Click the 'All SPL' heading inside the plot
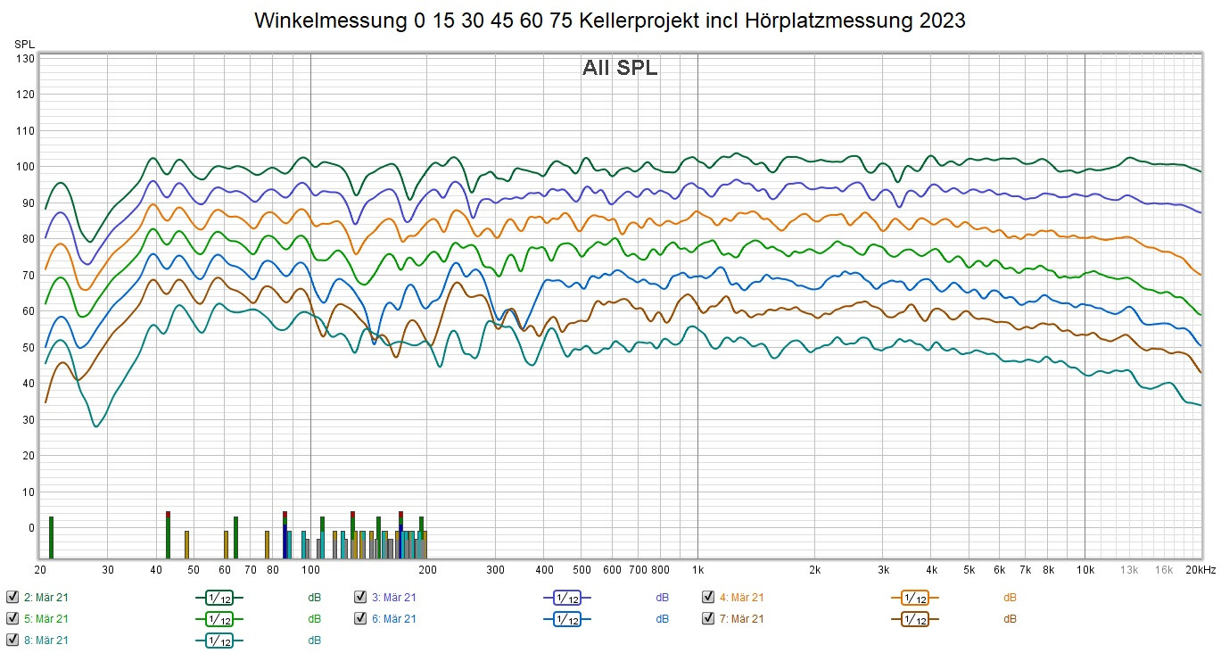pos(620,68)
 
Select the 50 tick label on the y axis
pos(27,348)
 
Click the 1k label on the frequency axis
pos(697,569)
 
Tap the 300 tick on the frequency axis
pos(496,569)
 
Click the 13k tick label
pos(1129,569)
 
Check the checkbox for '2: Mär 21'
pos(12,597)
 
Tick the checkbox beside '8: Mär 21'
pos(12,640)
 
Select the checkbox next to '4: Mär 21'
pos(708,597)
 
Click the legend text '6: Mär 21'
pos(394,618)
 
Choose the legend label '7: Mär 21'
pos(742,618)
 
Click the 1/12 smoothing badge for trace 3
pos(566,598)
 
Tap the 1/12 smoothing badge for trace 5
pos(219,619)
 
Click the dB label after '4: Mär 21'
pos(1010,597)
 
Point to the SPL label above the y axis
pos(23,43)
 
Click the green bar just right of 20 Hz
pos(51,535)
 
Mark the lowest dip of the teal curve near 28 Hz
pos(96,426)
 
